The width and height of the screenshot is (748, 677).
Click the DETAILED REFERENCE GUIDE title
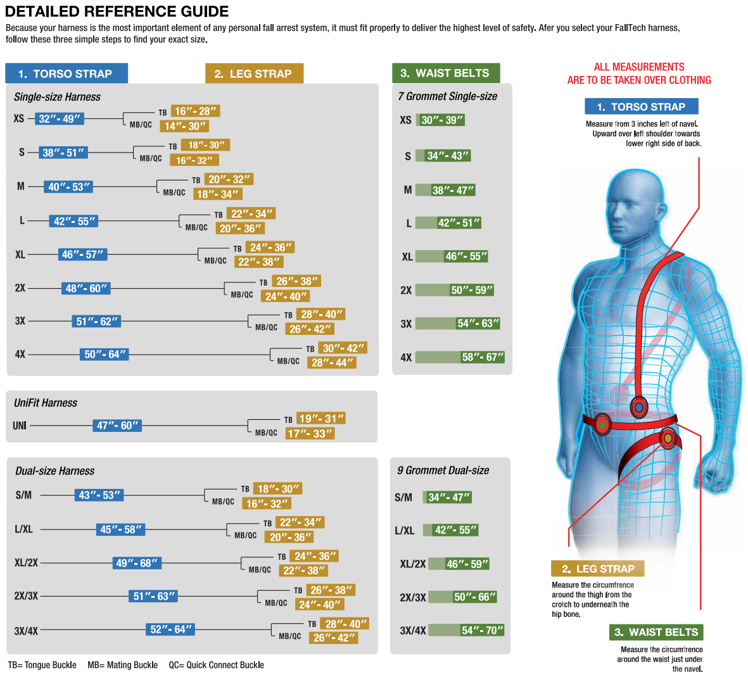pyautogui.click(x=117, y=11)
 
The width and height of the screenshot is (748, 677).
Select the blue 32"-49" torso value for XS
pyautogui.click(x=60, y=118)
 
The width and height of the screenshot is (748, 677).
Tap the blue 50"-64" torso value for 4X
pyautogui.click(x=105, y=354)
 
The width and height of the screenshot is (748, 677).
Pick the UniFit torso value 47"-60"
pyautogui.click(x=117, y=426)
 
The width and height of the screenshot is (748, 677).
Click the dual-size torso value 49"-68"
pyautogui.click(x=137, y=562)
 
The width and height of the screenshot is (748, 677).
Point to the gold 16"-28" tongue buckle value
pyautogui.click(x=196, y=111)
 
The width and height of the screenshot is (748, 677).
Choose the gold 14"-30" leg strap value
pyautogui.click(x=185, y=126)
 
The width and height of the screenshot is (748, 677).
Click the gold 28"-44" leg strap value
pyautogui.click(x=333, y=362)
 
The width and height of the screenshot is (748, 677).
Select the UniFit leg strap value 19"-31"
pyautogui.click(x=322, y=419)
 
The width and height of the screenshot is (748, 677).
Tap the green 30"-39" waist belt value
pyautogui.click(x=442, y=120)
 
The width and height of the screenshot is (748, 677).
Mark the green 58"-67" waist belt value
pyautogui.click(x=483, y=357)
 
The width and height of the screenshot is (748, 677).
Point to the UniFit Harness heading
pyautogui.click(x=46, y=403)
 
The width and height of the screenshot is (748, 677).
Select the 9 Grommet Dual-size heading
pyautogui.click(x=443, y=471)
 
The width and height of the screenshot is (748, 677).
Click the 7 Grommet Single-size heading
pyautogui.click(x=448, y=96)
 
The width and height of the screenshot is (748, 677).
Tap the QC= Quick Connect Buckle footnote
pyautogui.click(x=216, y=665)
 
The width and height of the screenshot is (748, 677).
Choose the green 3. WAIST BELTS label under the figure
pyautogui.click(x=656, y=632)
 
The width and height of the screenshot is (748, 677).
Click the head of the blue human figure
pyautogui.click(x=635, y=203)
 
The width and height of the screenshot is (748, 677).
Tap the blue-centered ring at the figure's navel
pyautogui.click(x=638, y=407)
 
